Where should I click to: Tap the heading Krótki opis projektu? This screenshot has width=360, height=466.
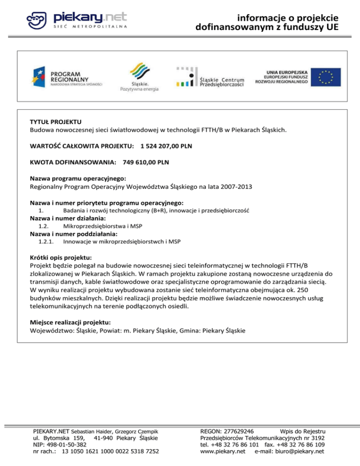tap(60, 257)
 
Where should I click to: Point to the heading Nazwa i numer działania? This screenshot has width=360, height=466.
tap(68, 218)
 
